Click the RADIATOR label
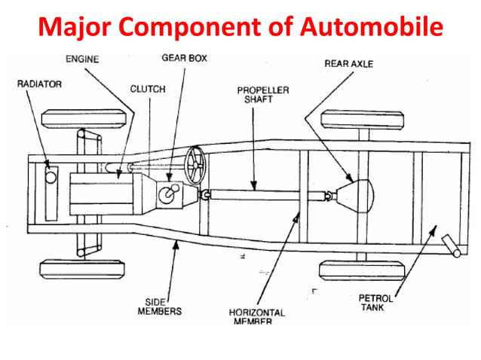40,84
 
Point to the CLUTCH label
148,88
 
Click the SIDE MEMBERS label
157,306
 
